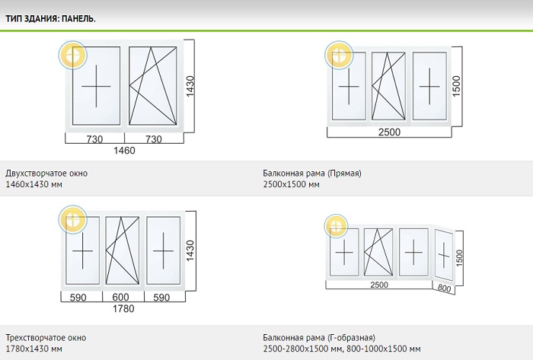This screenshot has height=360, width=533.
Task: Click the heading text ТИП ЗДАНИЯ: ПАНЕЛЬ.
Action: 50,19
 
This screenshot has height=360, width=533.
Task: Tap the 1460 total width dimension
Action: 124,151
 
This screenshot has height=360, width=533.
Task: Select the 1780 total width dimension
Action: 123,309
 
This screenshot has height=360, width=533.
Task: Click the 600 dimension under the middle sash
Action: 120,297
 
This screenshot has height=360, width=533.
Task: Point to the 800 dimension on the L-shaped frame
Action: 444,288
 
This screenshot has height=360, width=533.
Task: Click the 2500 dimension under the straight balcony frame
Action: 389,132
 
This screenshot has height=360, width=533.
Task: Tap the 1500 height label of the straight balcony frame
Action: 457,86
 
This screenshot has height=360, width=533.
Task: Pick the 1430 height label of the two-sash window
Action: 190,86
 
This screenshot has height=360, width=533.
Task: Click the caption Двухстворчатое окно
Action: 46,174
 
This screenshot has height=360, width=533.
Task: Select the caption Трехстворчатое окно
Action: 46,338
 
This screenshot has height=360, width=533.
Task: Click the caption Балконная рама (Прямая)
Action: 312,174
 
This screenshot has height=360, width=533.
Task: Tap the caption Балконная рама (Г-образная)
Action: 319,338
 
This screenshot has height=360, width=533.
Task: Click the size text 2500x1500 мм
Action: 292,184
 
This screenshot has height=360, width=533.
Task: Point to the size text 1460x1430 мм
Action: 34,184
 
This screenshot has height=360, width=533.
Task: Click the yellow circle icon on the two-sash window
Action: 73,55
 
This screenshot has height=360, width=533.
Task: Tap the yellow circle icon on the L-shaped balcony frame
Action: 337,226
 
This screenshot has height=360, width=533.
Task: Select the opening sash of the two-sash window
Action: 153,85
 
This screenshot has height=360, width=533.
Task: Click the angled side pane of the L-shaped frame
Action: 444,255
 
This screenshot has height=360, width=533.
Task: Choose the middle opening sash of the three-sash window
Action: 123,250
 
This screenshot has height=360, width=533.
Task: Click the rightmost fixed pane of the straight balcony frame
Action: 429,86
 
